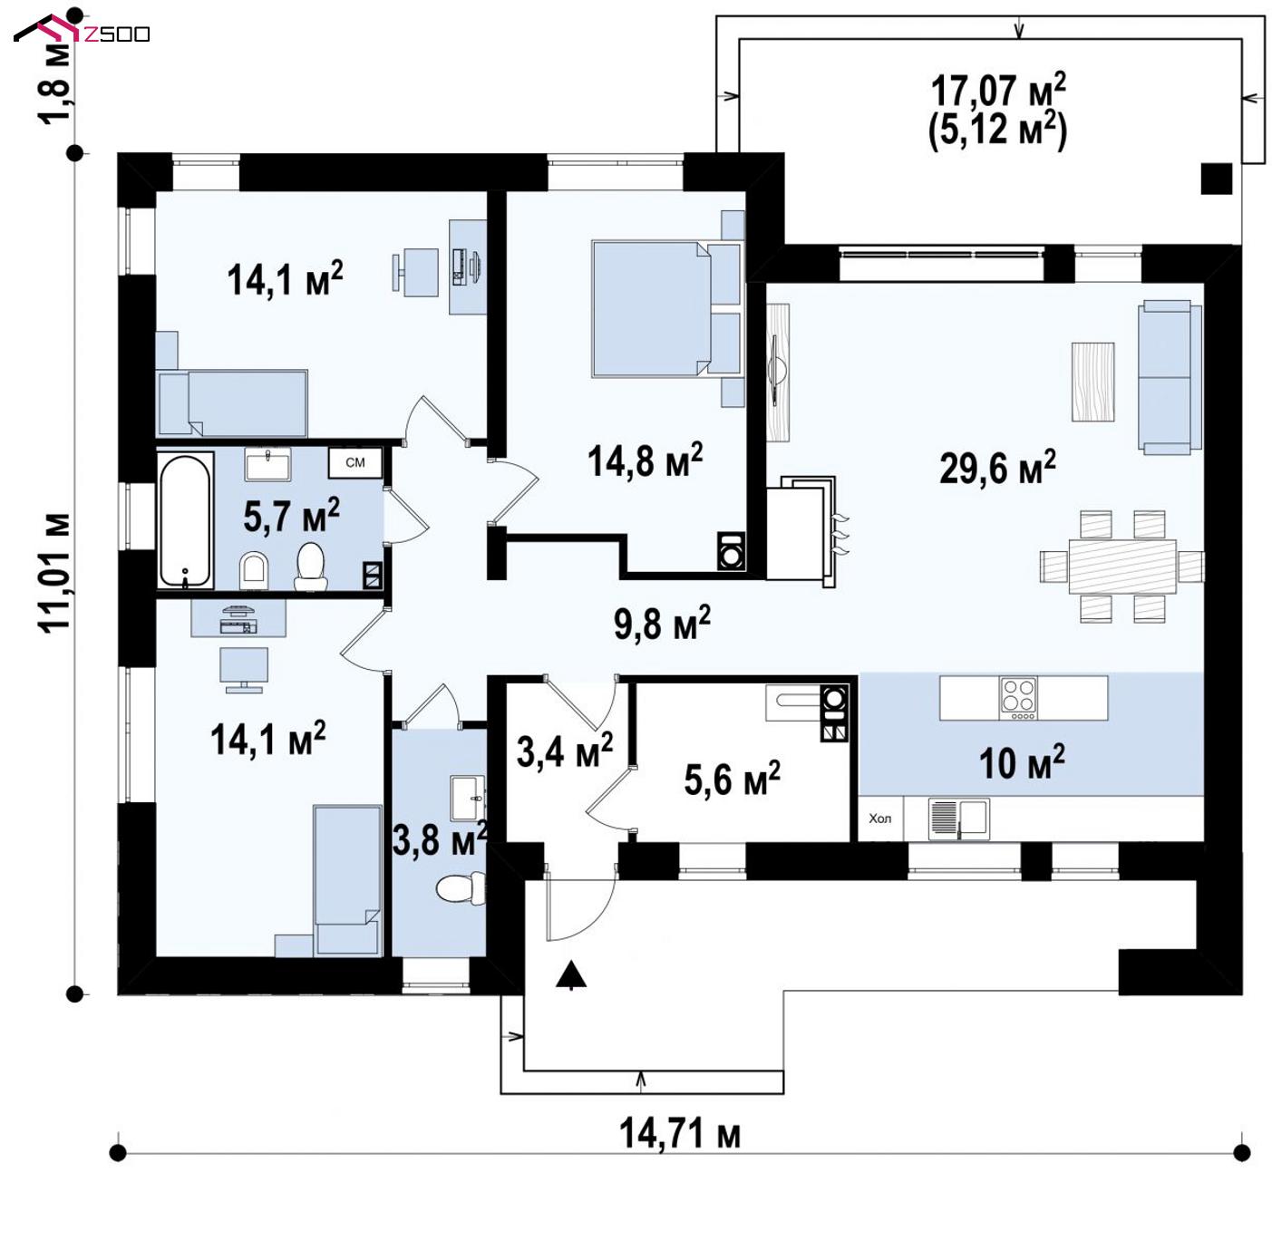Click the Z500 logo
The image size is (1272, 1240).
pyautogui.click(x=82, y=29)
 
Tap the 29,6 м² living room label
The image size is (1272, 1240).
pyautogui.click(x=996, y=467)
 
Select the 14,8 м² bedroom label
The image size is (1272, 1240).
pyautogui.click(x=645, y=459)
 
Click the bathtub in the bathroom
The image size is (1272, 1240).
pyautogui.click(x=186, y=519)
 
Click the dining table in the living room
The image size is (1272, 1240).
pyautogui.click(x=1121, y=567)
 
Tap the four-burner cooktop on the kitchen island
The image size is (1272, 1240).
pyautogui.click(x=1018, y=699)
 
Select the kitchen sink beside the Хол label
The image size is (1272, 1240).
pyautogui.click(x=958, y=819)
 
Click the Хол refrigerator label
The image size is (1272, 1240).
pyautogui.click(x=879, y=819)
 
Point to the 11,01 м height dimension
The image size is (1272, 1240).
pyautogui.click(x=56, y=572)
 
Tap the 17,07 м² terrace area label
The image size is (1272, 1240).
pyautogui.click(x=997, y=91)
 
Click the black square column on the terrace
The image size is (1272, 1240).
pyautogui.click(x=1217, y=178)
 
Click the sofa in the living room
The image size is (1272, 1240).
pyautogui.click(x=1170, y=376)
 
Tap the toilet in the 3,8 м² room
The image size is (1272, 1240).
pyautogui.click(x=461, y=888)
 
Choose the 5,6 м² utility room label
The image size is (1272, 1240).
pyautogui.click(x=732, y=778)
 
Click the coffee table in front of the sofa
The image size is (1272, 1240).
pyautogui.click(x=1092, y=382)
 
